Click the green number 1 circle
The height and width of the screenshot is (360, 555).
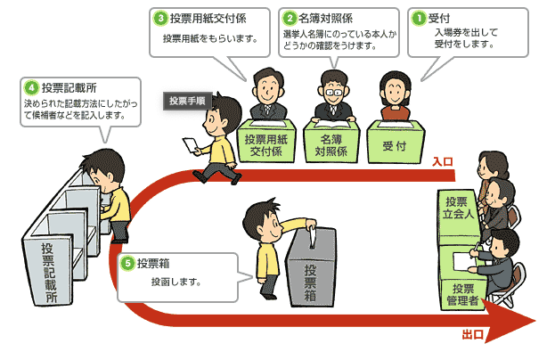tap(417, 17)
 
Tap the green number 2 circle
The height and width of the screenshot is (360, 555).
tap(290, 17)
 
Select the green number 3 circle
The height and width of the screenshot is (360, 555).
tap(159, 17)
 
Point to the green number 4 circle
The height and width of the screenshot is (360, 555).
tap(30, 87)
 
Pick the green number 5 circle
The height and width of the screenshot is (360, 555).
tap(128, 264)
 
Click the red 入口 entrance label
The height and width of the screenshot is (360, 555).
tap(443, 162)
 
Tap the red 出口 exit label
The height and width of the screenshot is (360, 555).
tap(473, 335)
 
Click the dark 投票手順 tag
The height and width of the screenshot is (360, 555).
tap(187, 101)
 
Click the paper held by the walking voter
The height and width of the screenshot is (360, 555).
tap(190, 143)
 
